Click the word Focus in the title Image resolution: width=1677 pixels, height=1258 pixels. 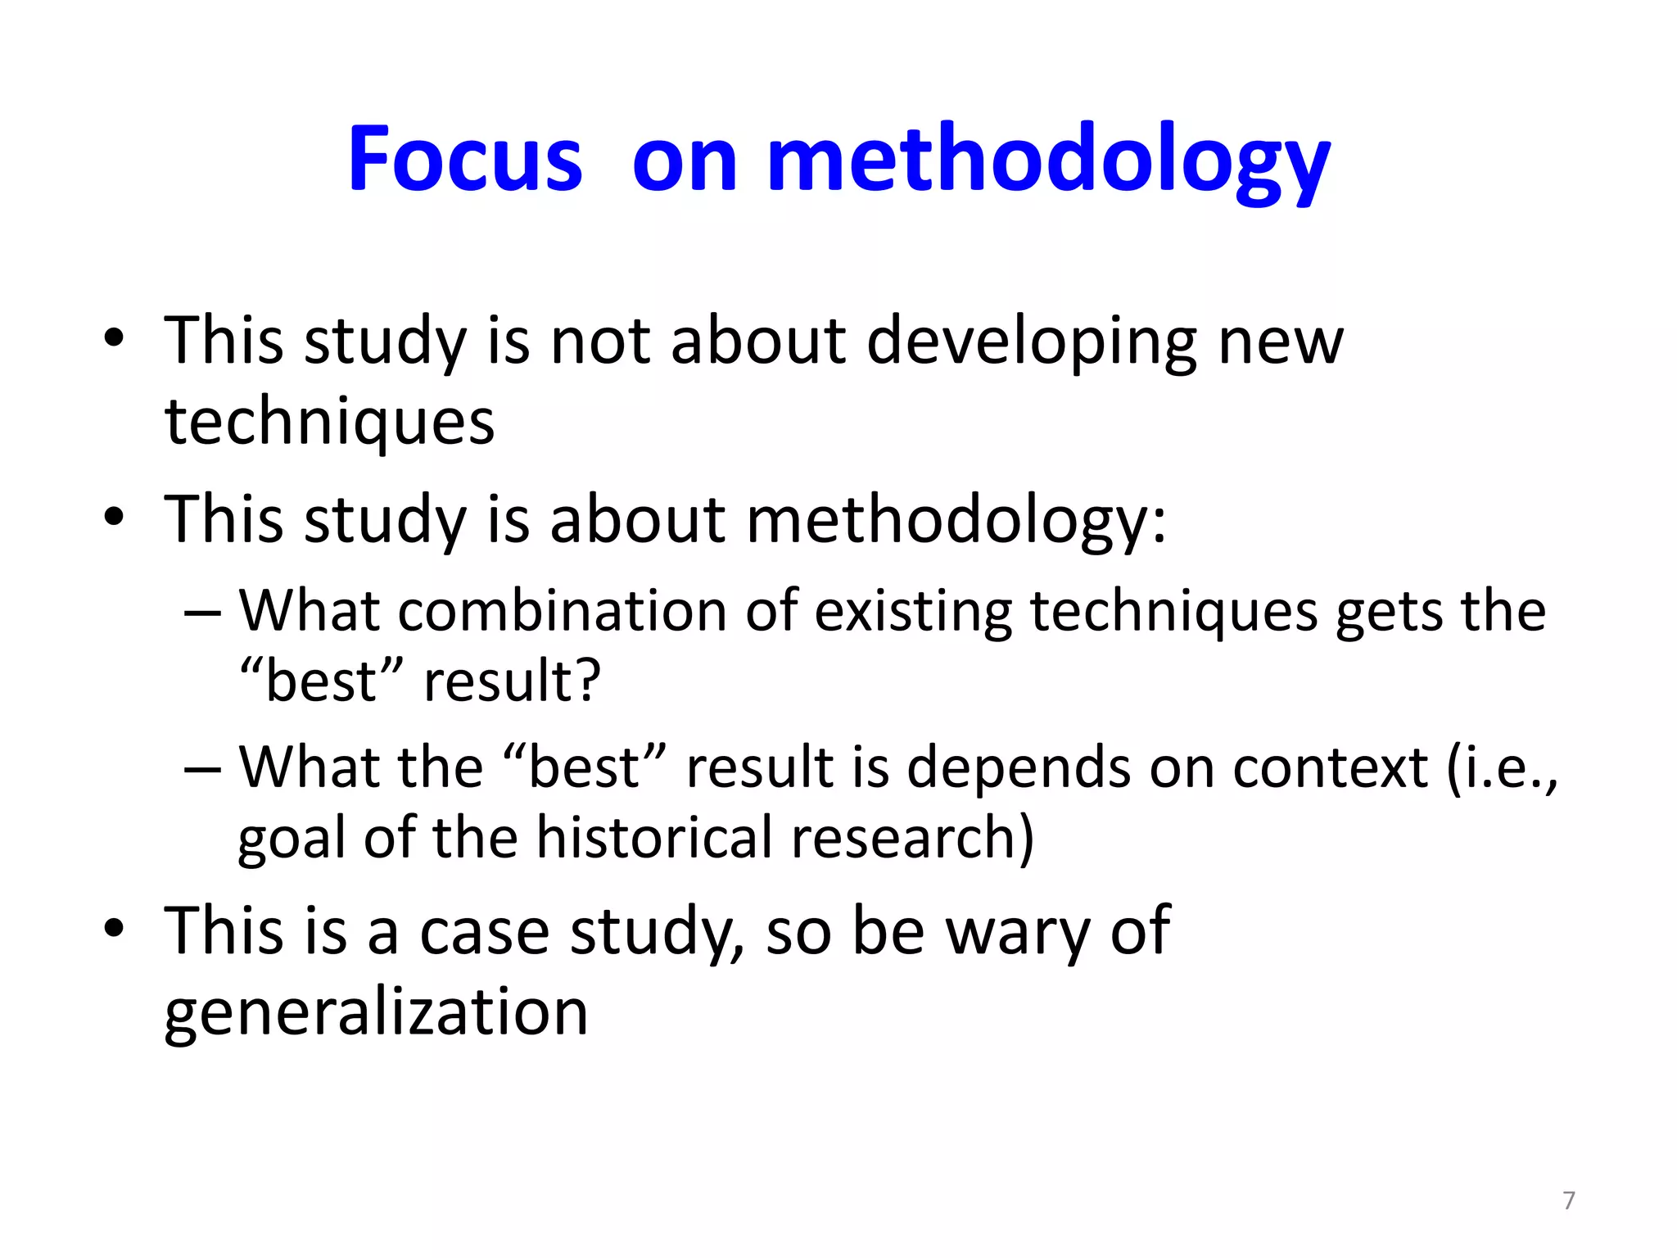coord(464,159)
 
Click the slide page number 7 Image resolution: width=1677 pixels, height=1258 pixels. coord(1568,1200)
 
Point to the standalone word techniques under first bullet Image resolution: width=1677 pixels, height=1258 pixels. coord(329,423)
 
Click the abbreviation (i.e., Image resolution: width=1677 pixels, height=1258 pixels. coord(1503,768)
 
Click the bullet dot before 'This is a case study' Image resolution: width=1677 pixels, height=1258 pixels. coord(114,929)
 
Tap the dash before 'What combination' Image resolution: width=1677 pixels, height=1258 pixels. coord(202,613)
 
